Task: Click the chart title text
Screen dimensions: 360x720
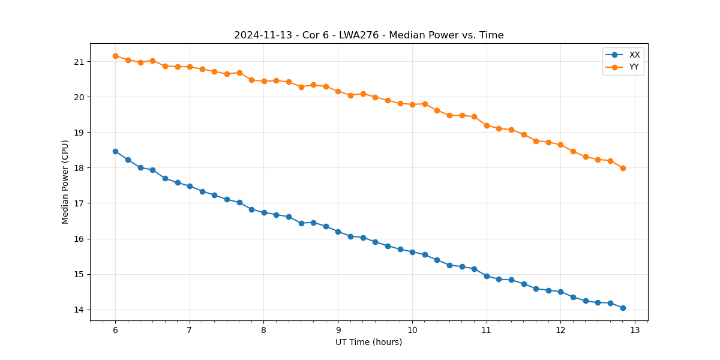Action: click(368, 35)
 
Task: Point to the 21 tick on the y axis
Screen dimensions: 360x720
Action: click(79, 62)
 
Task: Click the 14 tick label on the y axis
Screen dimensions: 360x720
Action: click(79, 310)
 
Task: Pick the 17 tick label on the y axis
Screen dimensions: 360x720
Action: click(79, 203)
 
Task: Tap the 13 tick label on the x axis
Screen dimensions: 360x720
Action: click(635, 330)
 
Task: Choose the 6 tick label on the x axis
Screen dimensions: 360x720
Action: click(115, 330)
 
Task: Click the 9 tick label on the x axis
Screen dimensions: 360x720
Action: click(338, 330)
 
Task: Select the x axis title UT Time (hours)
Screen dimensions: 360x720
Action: click(368, 342)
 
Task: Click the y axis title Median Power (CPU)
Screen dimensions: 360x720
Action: click(65, 182)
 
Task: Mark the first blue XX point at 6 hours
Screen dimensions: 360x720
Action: click(115, 151)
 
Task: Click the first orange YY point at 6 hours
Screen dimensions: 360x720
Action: click(115, 56)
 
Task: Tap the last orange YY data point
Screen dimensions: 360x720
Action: click(623, 168)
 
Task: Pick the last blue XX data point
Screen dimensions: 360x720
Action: click(623, 308)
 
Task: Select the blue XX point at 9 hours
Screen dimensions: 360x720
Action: click(338, 232)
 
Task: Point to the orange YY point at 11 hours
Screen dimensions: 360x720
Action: click(487, 125)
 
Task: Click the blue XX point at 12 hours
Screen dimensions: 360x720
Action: click(560, 292)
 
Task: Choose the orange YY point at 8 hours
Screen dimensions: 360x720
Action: click(264, 81)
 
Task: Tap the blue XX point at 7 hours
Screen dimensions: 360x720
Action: click(190, 186)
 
